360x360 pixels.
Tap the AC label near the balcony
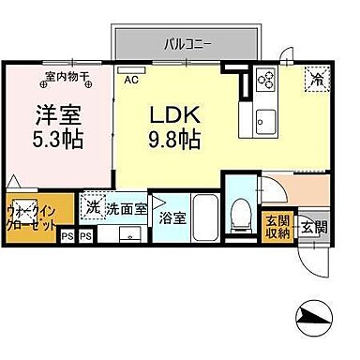(x=131, y=80)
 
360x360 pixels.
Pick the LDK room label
(x=175, y=115)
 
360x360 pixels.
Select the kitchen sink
(x=263, y=119)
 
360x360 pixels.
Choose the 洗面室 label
(x=125, y=208)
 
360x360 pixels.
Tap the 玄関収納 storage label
(x=277, y=228)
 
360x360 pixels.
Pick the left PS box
(x=66, y=236)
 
